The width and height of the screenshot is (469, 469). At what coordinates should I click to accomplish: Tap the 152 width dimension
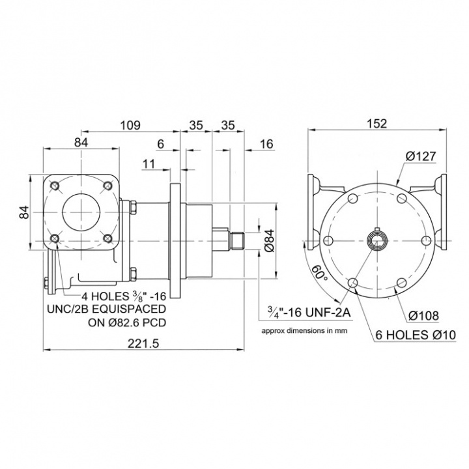[x=377, y=124]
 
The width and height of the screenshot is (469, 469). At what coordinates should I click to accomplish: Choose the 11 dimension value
[x=149, y=164]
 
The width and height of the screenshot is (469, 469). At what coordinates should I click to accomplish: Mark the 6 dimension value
[x=160, y=145]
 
